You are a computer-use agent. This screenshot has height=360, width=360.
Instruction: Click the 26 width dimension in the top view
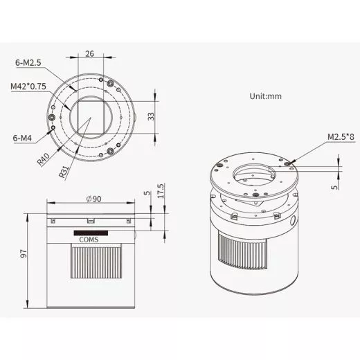tap(91, 53)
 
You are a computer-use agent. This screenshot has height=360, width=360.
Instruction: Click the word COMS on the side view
tap(89, 241)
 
